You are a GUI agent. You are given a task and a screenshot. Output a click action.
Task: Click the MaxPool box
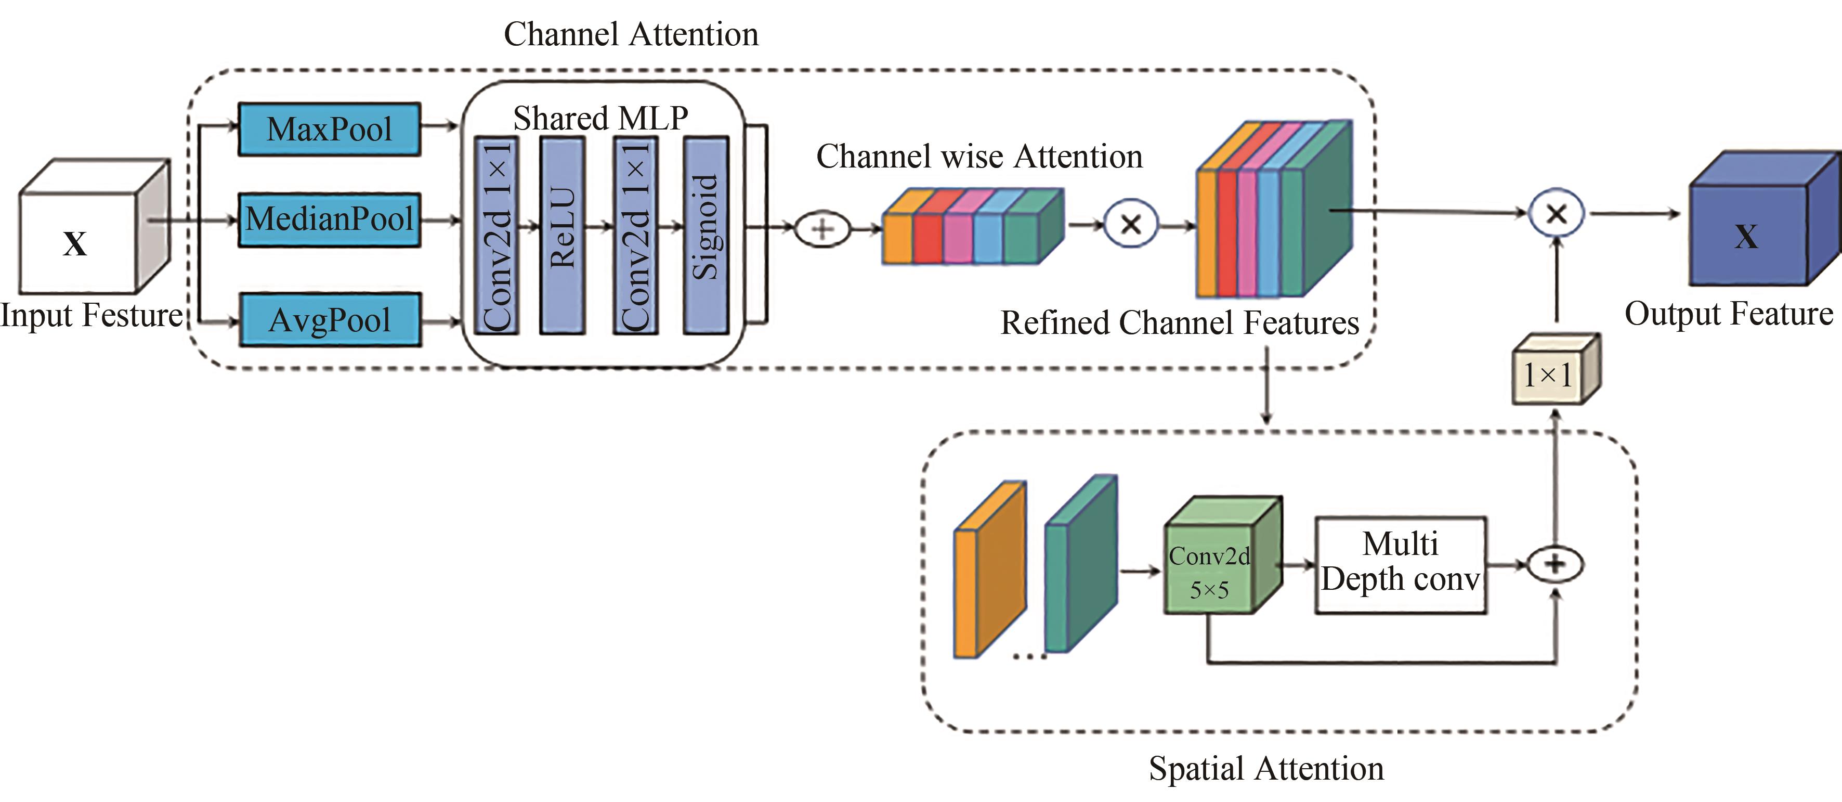tap(329, 130)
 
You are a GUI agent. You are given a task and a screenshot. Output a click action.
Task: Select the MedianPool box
tap(329, 219)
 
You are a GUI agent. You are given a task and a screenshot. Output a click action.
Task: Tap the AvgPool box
tap(329, 320)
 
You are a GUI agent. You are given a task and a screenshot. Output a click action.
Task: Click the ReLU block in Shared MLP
tap(563, 235)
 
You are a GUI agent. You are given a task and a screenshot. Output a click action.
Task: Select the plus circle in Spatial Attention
tap(1555, 564)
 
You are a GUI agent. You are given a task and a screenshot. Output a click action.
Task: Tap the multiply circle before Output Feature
tap(1556, 213)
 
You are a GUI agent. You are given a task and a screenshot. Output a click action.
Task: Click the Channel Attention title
tap(631, 34)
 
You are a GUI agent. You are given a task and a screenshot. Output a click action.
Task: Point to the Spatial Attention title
tap(1265, 768)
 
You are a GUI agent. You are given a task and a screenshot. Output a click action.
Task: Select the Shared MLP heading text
tap(600, 118)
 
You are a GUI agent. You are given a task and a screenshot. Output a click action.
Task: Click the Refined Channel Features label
tap(1179, 322)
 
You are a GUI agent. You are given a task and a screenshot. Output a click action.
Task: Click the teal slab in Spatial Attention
tap(1080, 565)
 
